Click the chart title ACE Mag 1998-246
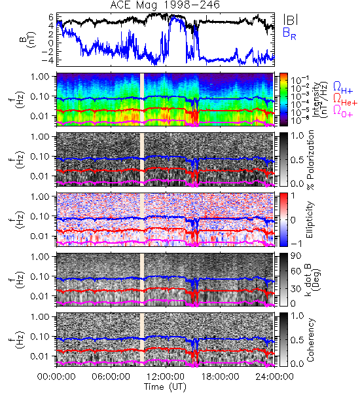pyautogui.click(x=165, y=5)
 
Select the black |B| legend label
pyautogui.click(x=291, y=20)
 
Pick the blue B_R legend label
pyautogui.click(x=289, y=33)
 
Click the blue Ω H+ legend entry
pyautogui.click(x=343, y=88)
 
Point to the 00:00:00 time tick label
pyautogui.click(x=56, y=377)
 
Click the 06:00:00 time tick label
pyautogui.click(x=111, y=377)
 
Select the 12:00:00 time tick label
pyautogui.click(x=166, y=377)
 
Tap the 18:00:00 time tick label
pyautogui.click(x=220, y=377)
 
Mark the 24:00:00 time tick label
pyautogui.click(x=274, y=377)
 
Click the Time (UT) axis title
pyautogui.click(x=166, y=386)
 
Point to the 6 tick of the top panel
pyautogui.click(x=51, y=17)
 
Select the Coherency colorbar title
pyautogui.click(x=310, y=340)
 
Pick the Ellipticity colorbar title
pyautogui.click(x=310, y=219)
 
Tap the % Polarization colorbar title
pyautogui.click(x=310, y=160)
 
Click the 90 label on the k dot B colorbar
pyautogui.click(x=296, y=256)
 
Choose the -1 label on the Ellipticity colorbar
pyautogui.click(x=296, y=244)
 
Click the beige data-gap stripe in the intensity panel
pyautogui.click(x=142, y=100)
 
